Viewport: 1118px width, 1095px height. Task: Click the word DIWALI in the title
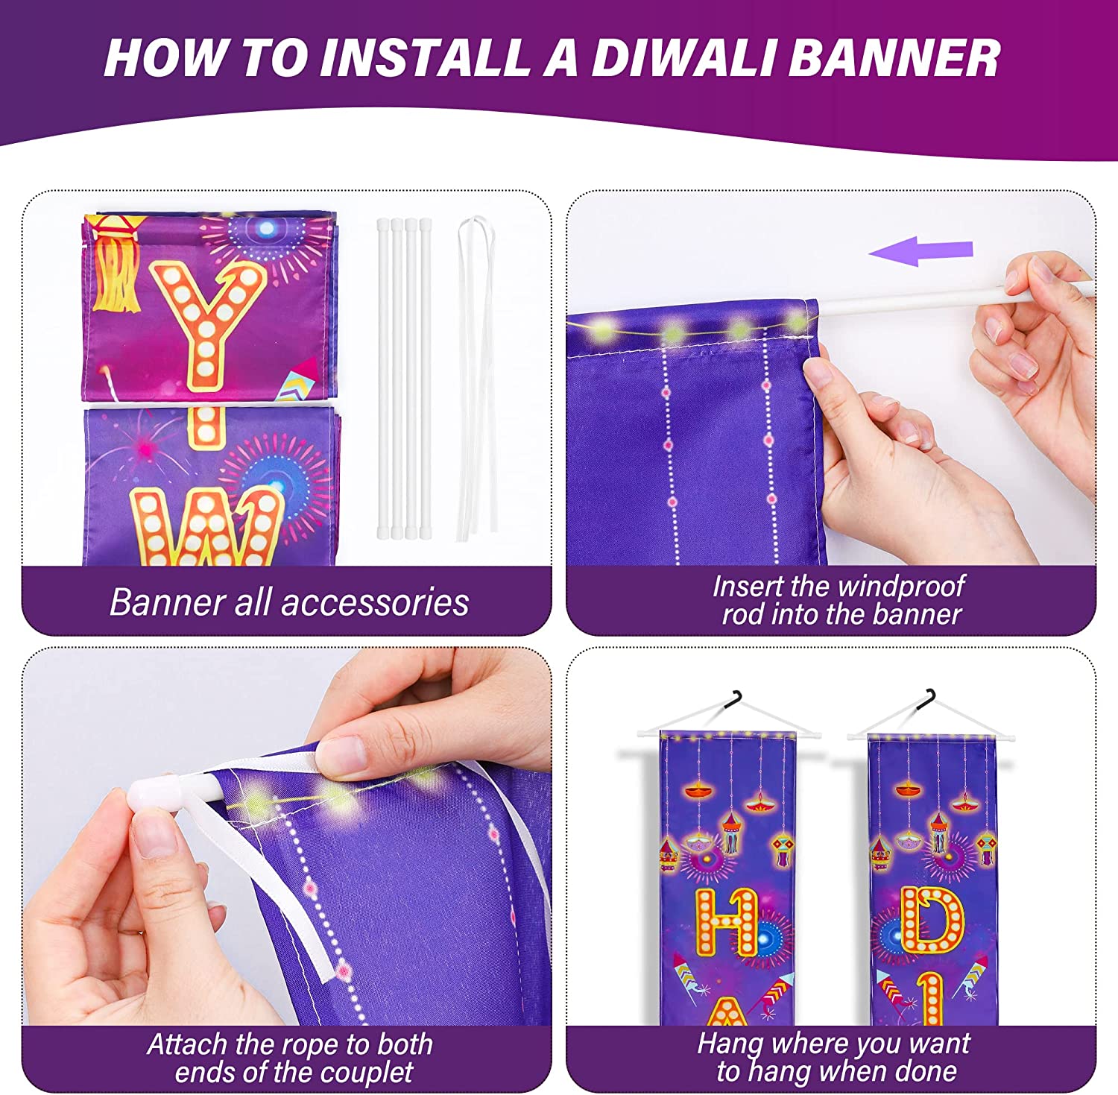(683, 57)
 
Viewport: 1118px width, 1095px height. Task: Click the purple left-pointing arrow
(920, 251)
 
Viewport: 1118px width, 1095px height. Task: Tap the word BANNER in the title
(894, 57)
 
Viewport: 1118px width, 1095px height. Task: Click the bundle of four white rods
(403, 376)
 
